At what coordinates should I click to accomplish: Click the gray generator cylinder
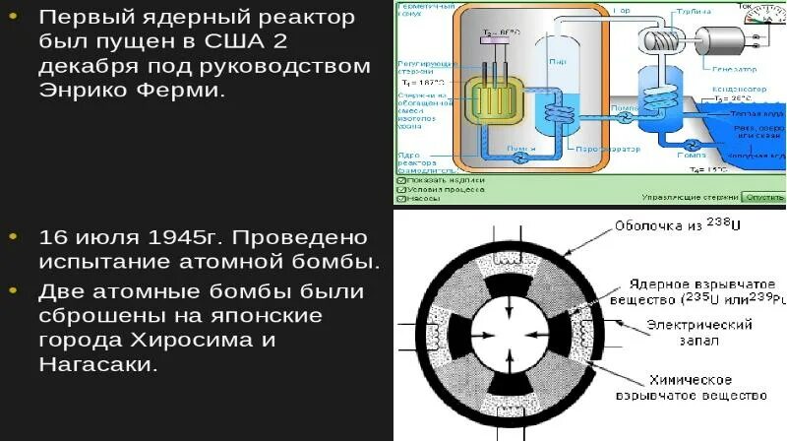pyautogui.click(x=723, y=41)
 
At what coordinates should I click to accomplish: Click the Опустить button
pyautogui.click(x=764, y=197)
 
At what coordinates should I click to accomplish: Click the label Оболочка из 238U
pyautogui.click(x=678, y=225)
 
